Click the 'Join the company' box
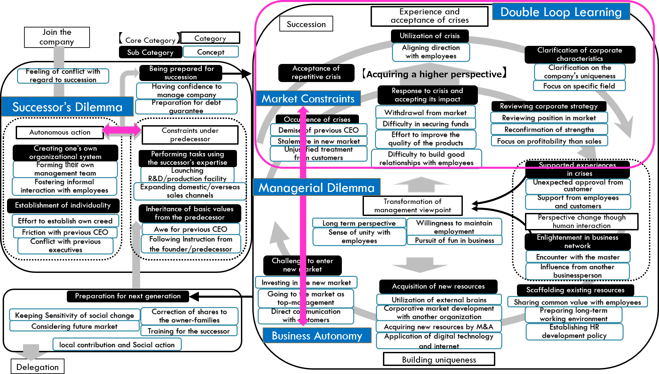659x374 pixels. (57, 37)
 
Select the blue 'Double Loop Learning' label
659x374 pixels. (561, 12)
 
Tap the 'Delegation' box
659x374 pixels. (37, 367)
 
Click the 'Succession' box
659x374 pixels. (306, 24)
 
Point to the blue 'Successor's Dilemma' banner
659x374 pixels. (67, 107)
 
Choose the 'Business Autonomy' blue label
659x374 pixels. (317, 335)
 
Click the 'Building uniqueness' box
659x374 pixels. (439, 360)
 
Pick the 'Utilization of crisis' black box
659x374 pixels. (429, 36)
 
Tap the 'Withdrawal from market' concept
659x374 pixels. (425, 113)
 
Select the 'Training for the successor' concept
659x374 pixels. (189, 331)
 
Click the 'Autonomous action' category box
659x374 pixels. (60, 132)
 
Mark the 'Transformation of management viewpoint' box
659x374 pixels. (412, 206)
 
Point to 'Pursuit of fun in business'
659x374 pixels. (454, 240)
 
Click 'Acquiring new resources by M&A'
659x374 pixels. (438, 326)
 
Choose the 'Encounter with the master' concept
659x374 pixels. (577, 257)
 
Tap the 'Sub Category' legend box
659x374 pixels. (150, 52)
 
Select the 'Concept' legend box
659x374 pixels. (211, 52)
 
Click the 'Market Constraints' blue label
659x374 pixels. (308, 98)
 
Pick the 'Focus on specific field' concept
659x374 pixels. (579, 86)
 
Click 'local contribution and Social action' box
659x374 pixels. (117, 345)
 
